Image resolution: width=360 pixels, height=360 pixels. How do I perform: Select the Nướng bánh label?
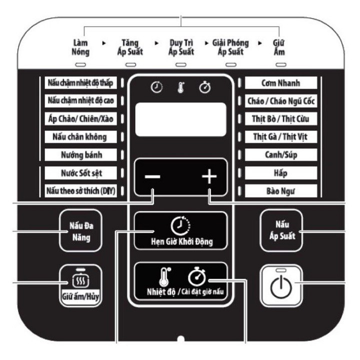pyautogui.click(x=80, y=154)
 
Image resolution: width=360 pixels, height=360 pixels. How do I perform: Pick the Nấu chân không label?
pyautogui.click(x=80, y=136)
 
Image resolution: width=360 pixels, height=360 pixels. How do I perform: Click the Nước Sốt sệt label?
pyautogui.click(x=80, y=173)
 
